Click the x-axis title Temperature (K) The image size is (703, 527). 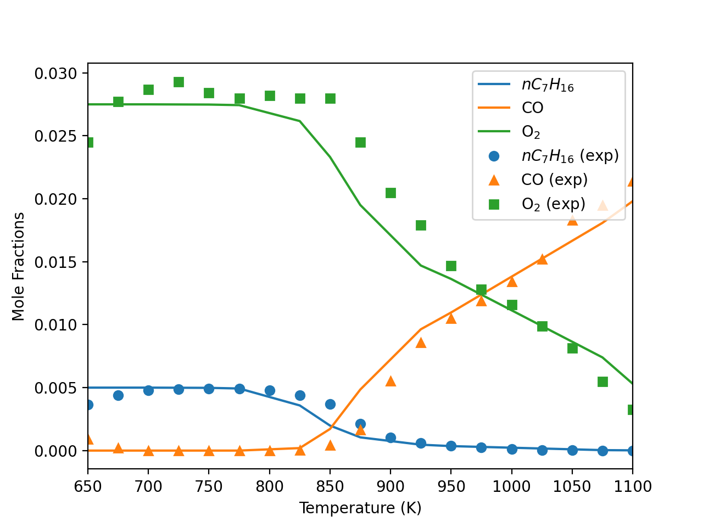(360, 508)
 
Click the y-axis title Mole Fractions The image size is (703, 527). (19, 266)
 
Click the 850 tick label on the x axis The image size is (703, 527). (330, 486)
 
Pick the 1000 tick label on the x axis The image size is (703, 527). (511, 486)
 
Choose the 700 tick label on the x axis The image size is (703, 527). (148, 486)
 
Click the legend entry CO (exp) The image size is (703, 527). (554, 180)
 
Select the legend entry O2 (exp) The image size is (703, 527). (553, 204)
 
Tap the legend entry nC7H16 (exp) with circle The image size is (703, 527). (570, 156)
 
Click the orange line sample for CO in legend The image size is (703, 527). (494, 108)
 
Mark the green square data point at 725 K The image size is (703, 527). (178, 82)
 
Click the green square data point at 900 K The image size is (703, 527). (390, 193)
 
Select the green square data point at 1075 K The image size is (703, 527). (602, 382)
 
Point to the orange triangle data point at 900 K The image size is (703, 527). (390, 381)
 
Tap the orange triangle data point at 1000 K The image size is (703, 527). (512, 282)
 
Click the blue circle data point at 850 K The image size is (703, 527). (330, 404)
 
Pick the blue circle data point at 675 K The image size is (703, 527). (118, 395)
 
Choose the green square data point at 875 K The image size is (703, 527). (360, 142)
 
